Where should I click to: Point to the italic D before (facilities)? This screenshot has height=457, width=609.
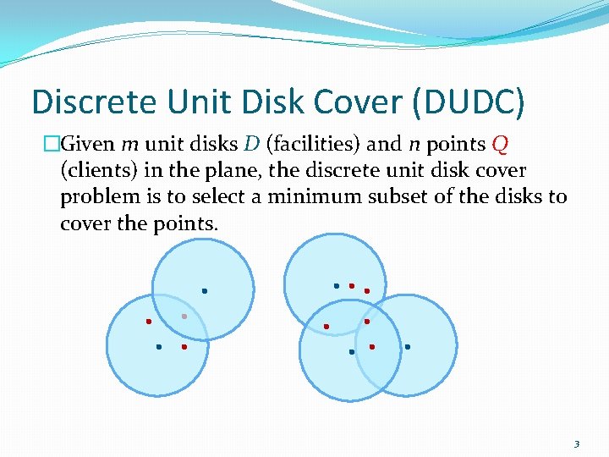tap(252, 143)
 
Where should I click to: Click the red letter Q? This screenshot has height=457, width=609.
tap(499, 144)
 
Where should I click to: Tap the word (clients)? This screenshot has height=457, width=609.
tap(98, 170)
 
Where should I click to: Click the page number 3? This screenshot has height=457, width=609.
tap(577, 443)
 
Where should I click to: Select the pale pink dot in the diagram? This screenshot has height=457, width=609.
tap(184, 317)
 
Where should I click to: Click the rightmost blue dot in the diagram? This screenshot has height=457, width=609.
tap(407, 347)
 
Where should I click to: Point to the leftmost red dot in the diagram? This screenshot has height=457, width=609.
tap(148, 322)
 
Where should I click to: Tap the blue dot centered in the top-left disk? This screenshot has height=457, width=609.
tap(204, 291)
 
